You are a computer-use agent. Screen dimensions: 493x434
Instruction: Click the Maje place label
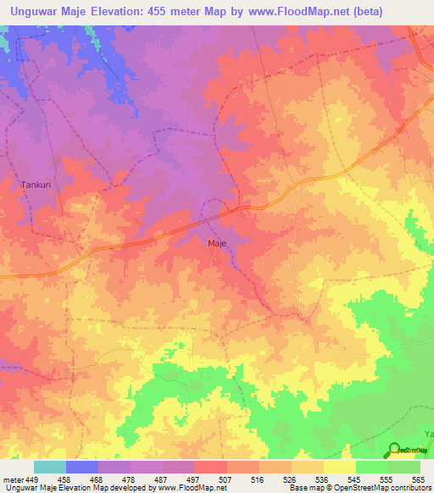217,243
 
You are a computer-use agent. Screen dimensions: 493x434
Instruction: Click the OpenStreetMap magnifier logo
394,450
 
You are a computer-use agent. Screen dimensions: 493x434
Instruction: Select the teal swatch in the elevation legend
50,467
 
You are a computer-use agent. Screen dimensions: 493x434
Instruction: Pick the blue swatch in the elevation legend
82,467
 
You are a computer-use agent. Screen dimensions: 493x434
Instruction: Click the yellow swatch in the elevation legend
340,467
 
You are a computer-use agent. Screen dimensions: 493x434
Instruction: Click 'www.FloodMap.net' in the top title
289,12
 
